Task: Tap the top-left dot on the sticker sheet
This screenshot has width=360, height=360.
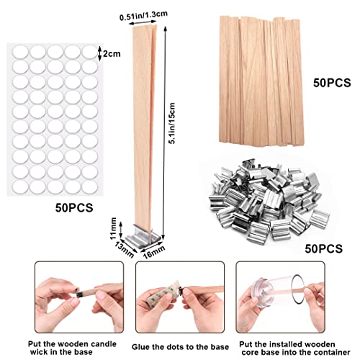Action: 18,53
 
